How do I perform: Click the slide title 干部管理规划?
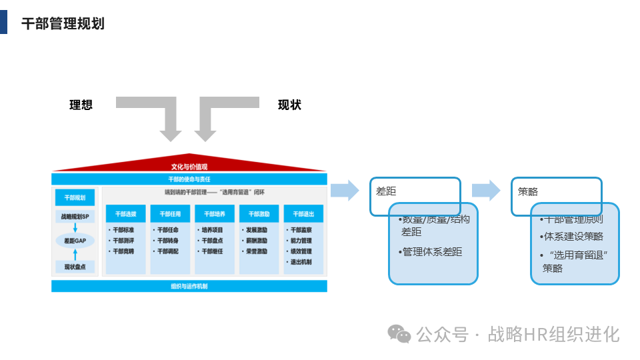click(x=63, y=24)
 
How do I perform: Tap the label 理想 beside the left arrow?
click(x=81, y=105)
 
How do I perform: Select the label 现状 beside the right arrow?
click(x=289, y=105)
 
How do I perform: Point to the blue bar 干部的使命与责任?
click(x=189, y=179)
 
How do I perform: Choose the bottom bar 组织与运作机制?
click(x=189, y=286)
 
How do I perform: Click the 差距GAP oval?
click(x=75, y=241)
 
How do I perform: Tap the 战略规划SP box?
click(x=75, y=217)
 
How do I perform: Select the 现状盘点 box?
click(x=75, y=267)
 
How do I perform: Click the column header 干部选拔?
click(x=125, y=214)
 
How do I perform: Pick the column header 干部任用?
click(x=170, y=214)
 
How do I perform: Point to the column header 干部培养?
click(x=214, y=214)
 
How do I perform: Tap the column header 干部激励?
click(x=259, y=214)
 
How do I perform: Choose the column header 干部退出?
click(x=303, y=214)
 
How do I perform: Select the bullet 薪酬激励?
click(x=257, y=241)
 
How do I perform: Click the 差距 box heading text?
click(x=386, y=191)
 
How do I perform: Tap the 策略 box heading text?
click(x=528, y=191)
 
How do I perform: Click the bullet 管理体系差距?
click(x=432, y=252)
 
